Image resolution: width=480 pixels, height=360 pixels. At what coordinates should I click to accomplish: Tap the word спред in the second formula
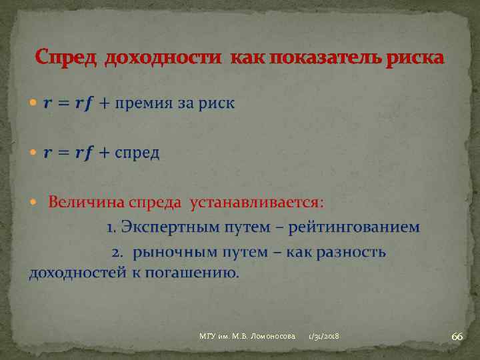137,153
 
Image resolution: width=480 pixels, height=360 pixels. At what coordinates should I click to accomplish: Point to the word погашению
199,272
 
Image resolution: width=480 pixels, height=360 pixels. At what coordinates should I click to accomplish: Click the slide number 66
457,337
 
